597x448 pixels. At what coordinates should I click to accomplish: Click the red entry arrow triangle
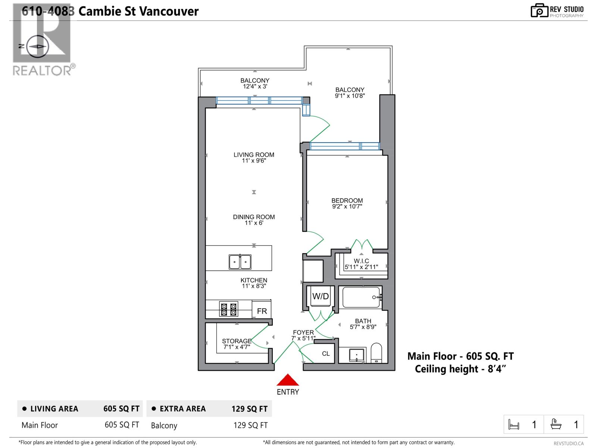pos(288,380)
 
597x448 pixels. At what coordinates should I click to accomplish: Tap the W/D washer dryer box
pos(321,296)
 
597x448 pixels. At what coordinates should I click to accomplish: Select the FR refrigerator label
pos(262,311)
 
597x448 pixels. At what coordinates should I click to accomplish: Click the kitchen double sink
pos(240,262)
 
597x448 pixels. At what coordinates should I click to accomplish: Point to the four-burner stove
pos(229,309)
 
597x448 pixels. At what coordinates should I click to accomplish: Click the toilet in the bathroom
pos(376,353)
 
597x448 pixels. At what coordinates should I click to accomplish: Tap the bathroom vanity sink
pos(357,355)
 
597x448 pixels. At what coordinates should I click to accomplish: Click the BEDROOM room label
pos(347,200)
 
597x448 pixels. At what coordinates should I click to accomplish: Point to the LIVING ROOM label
pos(254,155)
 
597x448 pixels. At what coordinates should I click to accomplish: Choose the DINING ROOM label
pos(254,217)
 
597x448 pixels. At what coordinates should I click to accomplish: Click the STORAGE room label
pos(237,341)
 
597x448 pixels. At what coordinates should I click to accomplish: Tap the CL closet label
pos(326,354)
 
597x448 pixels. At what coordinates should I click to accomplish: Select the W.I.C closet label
pos(361,261)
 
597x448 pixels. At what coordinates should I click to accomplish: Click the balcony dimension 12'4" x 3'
pos(255,87)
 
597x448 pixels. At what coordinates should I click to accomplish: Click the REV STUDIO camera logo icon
pos(539,10)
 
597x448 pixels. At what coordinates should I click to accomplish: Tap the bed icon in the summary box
pos(513,424)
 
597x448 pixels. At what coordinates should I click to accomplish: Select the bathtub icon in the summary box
pos(556,424)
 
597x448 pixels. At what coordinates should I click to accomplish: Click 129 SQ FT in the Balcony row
pos(250,425)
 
